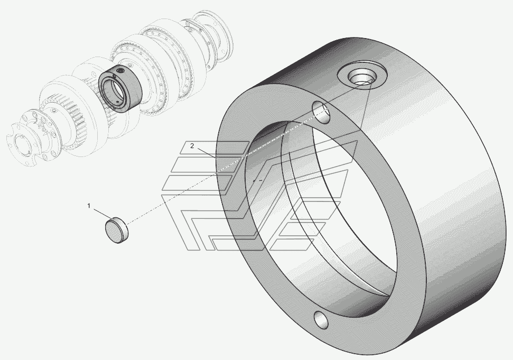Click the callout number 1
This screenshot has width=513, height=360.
(88, 206)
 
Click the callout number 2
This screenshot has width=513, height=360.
(192, 146)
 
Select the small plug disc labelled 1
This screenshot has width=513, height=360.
(117, 230)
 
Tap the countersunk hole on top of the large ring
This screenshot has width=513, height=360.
(362, 78)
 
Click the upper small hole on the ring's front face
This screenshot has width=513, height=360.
(321, 112)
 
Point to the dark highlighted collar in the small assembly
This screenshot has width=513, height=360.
(120, 89)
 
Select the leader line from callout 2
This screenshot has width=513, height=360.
(207, 153)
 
